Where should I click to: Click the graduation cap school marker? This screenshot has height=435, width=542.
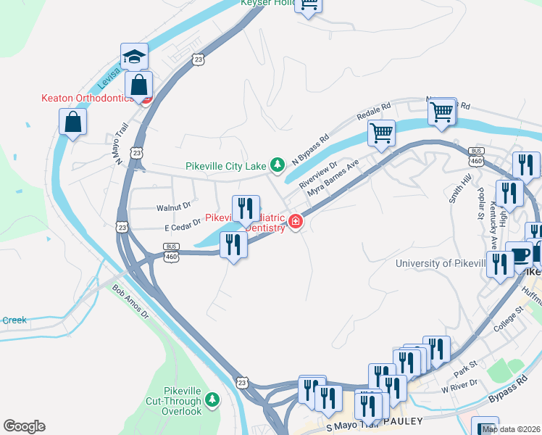[x=135, y=57]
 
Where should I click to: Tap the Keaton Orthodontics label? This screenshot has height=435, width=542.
[x=88, y=98]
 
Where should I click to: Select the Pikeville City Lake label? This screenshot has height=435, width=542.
[x=226, y=166]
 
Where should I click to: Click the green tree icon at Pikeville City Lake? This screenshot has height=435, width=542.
[x=277, y=165]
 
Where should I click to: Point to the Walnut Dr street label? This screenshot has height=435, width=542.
[x=173, y=207]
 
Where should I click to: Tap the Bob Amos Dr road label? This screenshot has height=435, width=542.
[x=130, y=302]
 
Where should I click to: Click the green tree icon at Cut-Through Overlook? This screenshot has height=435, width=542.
[x=212, y=399]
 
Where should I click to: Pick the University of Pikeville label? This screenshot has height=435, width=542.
[x=440, y=263]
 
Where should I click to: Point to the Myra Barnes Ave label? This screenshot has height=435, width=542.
[x=333, y=178]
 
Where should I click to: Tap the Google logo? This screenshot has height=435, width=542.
[x=24, y=426]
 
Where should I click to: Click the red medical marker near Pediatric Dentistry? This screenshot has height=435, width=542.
[x=296, y=222]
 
